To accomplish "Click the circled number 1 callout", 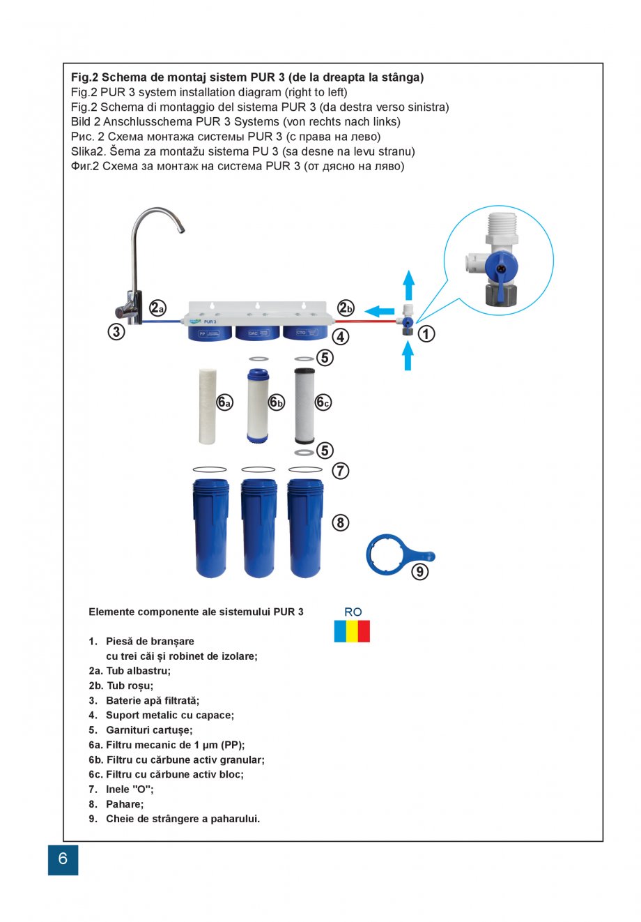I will (x=426, y=334).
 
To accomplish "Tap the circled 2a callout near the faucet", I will (x=158, y=308).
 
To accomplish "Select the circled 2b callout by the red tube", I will (x=346, y=308).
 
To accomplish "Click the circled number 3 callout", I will (x=116, y=331).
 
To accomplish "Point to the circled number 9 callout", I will (x=419, y=571).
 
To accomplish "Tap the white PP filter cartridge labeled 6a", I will (x=207, y=406).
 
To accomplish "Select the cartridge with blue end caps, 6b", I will (x=258, y=406).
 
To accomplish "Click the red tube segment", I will (x=362, y=322).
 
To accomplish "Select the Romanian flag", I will (x=352, y=631).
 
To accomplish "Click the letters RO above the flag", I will (x=353, y=612).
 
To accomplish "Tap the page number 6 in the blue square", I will (x=63, y=859).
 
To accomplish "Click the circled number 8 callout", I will (x=340, y=522).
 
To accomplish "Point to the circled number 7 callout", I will (x=340, y=471).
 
